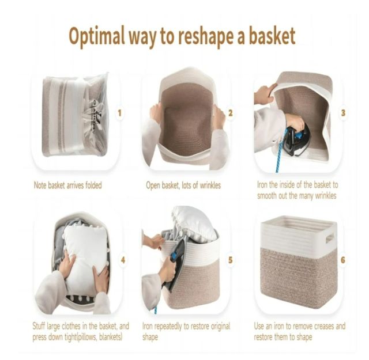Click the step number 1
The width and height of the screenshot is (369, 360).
119,113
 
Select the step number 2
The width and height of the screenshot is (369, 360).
231,113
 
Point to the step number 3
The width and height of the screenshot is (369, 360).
343,113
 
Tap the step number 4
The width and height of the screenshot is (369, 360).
123,260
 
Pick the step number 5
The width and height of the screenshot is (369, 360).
231,260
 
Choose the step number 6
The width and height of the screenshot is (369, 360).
343,260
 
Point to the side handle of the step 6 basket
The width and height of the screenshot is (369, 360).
329,239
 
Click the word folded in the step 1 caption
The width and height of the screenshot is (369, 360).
93,185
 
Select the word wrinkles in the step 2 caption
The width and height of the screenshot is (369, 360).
210,185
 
